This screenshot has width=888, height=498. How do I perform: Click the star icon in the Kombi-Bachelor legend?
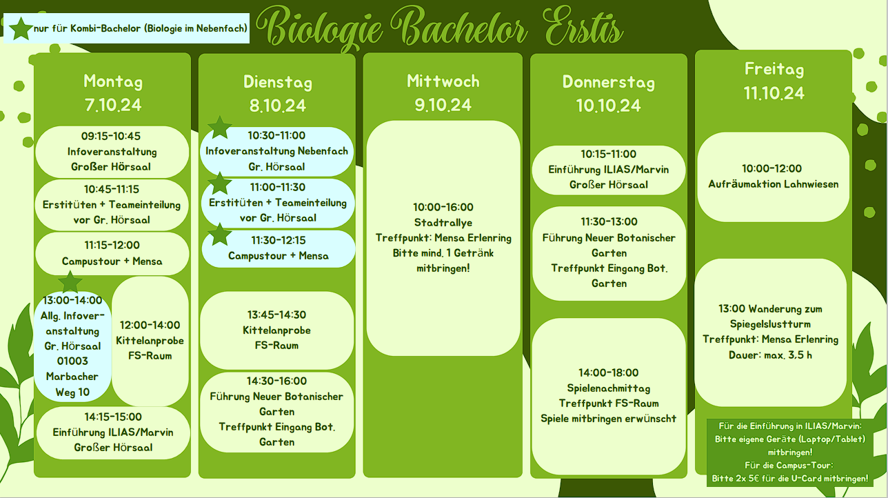pyautogui.click(x=21, y=28)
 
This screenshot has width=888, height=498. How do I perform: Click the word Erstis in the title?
pyautogui.click(x=583, y=27)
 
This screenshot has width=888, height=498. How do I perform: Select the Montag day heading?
pyautogui.click(x=113, y=81)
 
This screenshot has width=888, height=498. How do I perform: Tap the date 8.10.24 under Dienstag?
pyautogui.click(x=277, y=106)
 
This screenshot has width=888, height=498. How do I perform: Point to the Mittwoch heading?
pyautogui.click(x=443, y=81)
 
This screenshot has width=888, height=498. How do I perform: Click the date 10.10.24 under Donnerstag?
pyautogui.click(x=609, y=106)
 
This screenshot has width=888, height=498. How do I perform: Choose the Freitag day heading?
pyautogui.click(x=774, y=70)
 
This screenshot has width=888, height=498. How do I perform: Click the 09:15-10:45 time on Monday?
pyautogui.click(x=111, y=136)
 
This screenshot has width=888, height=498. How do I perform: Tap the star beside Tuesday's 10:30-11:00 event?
pyautogui.click(x=220, y=128)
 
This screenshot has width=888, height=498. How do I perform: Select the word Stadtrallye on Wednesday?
pyautogui.click(x=443, y=222)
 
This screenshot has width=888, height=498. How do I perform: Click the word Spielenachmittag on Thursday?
pyautogui.click(x=609, y=388)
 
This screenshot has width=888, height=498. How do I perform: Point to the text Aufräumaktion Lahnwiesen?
pyautogui.click(x=774, y=184)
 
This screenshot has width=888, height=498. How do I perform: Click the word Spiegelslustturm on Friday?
pyautogui.click(x=770, y=324)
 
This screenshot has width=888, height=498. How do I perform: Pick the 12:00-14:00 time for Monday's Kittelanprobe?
pyautogui.click(x=150, y=325)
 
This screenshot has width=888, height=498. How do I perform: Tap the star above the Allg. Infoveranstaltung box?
pyautogui.click(x=70, y=282)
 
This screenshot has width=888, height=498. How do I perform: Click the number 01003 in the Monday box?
pyautogui.click(x=72, y=361)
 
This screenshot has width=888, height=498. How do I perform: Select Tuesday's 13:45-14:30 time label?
pyautogui.click(x=276, y=315)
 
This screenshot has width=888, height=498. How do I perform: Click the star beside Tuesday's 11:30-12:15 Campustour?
pyautogui.click(x=220, y=235)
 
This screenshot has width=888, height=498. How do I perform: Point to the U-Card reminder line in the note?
pyautogui.click(x=790, y=479)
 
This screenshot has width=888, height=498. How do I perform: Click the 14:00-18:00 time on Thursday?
pyautogui.click(x=609, y=372)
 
